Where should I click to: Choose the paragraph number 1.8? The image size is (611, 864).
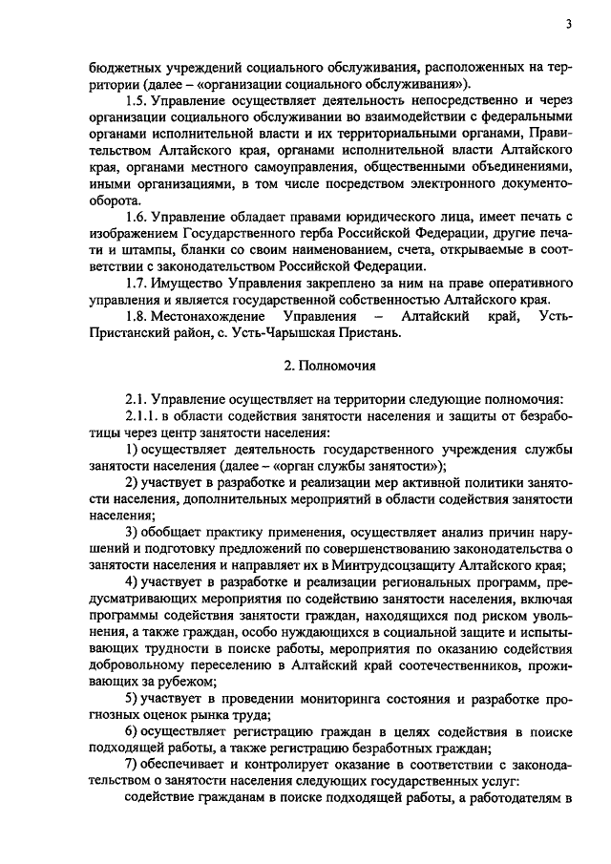click(138, 316)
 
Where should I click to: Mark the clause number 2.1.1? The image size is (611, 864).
click(144, 416)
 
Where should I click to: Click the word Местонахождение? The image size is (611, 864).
click(210, 316)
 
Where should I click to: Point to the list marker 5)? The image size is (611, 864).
click(135, 700)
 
